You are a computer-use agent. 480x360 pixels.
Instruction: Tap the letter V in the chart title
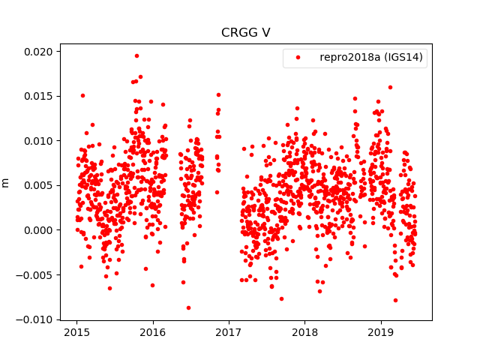[266, 33]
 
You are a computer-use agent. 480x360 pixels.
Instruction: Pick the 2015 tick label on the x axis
[76, 332]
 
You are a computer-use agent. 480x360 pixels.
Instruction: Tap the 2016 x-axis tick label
[153, 332]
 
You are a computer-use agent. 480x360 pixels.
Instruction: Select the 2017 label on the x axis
[229, 332]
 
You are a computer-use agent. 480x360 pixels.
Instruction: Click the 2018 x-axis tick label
[304, 332]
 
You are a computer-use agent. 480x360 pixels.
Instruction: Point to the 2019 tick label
[381, 332]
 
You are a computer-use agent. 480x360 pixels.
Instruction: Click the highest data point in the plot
[136, 55]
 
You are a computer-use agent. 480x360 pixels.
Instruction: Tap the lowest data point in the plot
[188, 307]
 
